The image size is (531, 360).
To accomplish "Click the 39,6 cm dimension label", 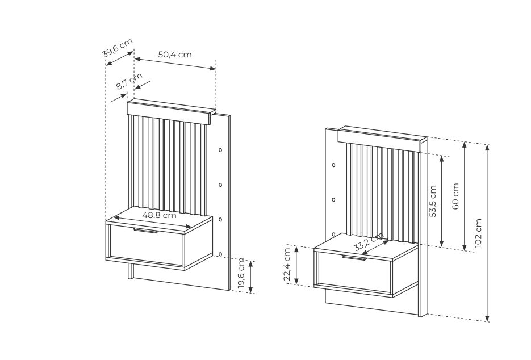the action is point(117,48).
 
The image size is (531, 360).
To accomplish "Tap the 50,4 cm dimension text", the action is point(175,54).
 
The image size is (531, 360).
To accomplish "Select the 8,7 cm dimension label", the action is point(129,81).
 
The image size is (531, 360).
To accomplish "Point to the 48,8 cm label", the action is point(159,215).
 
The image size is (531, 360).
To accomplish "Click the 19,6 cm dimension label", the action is point(241,273).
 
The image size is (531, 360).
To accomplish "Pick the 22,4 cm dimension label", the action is point(287,265).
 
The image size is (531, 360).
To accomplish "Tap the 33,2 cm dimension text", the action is point(369,242).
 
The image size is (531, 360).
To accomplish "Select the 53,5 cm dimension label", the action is point(432,201).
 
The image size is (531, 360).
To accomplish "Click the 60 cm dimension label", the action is point(455,196).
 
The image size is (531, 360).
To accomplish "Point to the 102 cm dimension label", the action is point(478,233).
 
